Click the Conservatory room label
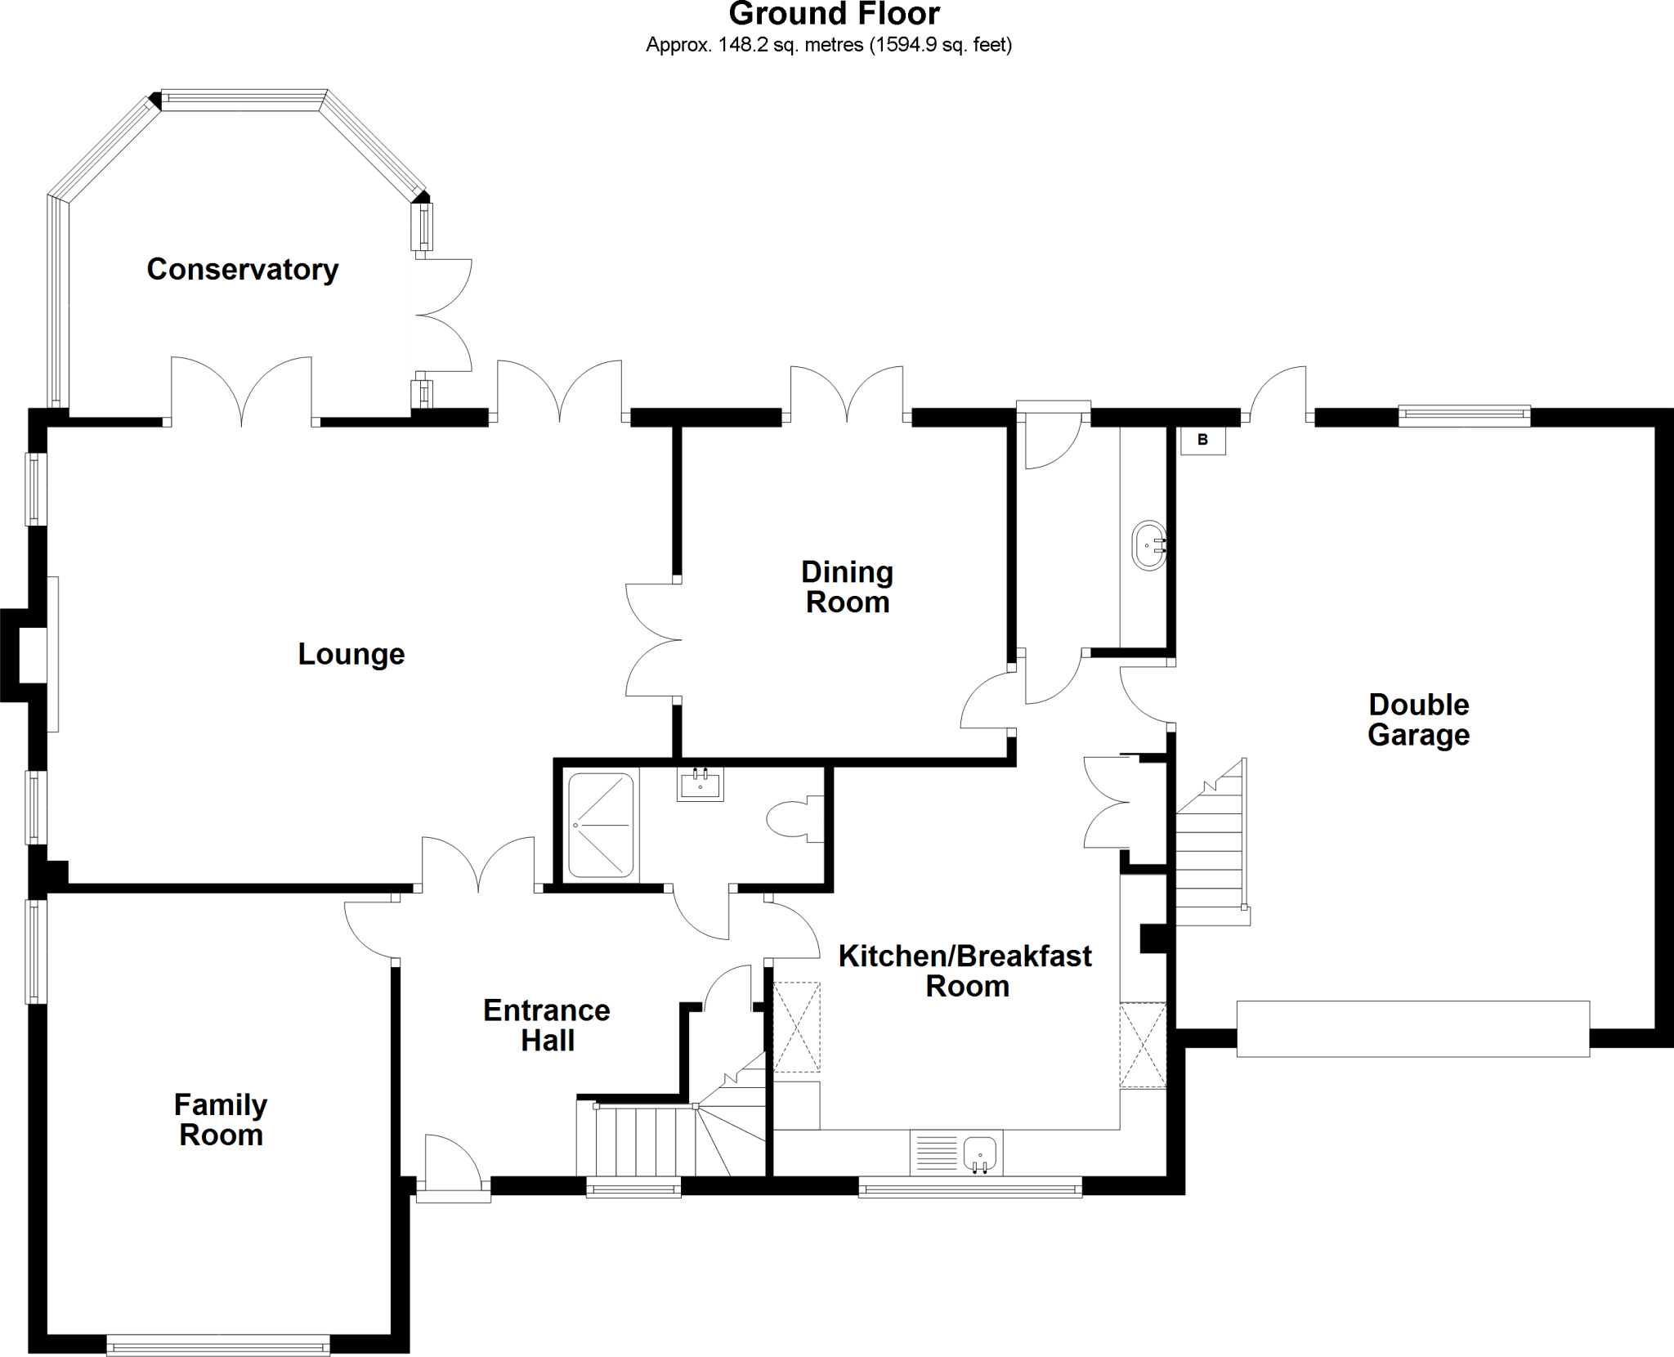(x=242, y=270)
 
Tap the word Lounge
(x=351, y=654)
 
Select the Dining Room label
(x=847, y=587)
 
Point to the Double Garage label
(x=1418, y=719)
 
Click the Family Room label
(x=221, y=1120)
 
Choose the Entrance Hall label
(x=546, y=1025)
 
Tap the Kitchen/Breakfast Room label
(x=965, y=971)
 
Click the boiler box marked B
(x=1202, y=441)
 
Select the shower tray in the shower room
(x=601, y=826)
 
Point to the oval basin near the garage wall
(x=1149, y=544)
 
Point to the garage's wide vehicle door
(x=1412, y=1028)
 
